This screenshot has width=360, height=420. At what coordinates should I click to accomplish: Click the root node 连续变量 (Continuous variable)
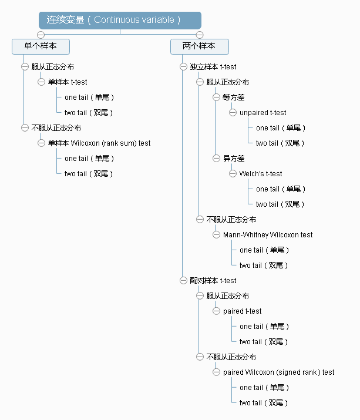(120, 20)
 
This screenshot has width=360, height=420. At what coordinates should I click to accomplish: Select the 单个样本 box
(41, 46)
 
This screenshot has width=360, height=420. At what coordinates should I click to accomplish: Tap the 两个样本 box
(199, 46)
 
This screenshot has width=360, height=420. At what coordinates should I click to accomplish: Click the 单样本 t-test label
(68, 82)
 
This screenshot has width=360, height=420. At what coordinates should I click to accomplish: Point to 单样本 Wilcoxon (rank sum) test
(99, 143)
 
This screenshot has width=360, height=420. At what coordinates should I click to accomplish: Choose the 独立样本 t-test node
(213, 67)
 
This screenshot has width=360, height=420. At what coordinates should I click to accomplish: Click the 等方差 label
(234, 98)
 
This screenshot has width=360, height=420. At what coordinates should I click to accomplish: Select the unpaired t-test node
(263, 113)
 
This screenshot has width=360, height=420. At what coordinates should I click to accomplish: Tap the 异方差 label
(234, 159)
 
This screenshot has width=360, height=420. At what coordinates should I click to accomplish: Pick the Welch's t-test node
(261, 174)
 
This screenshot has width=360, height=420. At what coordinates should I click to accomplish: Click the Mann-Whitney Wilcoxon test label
(268, 235)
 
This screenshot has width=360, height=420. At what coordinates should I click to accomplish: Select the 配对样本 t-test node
(213, 281)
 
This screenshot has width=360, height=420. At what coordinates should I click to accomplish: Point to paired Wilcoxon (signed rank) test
(279, 372)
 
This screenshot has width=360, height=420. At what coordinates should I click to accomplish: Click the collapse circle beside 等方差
(216, 98)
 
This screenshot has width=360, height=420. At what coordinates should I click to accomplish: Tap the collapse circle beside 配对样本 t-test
(183, 281)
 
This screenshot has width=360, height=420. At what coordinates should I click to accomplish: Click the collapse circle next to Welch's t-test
(233, 174)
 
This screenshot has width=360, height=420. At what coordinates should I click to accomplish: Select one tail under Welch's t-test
(281, 189)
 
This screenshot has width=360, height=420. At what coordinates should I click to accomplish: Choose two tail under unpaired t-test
(281, 143)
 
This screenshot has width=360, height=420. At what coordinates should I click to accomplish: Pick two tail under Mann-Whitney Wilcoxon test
(264, 266)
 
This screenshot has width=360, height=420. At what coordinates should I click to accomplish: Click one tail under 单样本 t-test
(89, 98)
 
